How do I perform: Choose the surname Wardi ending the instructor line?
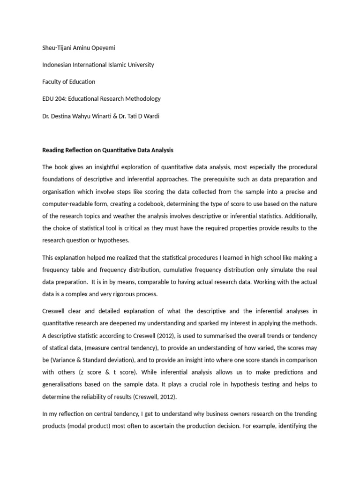pos(150,116)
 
